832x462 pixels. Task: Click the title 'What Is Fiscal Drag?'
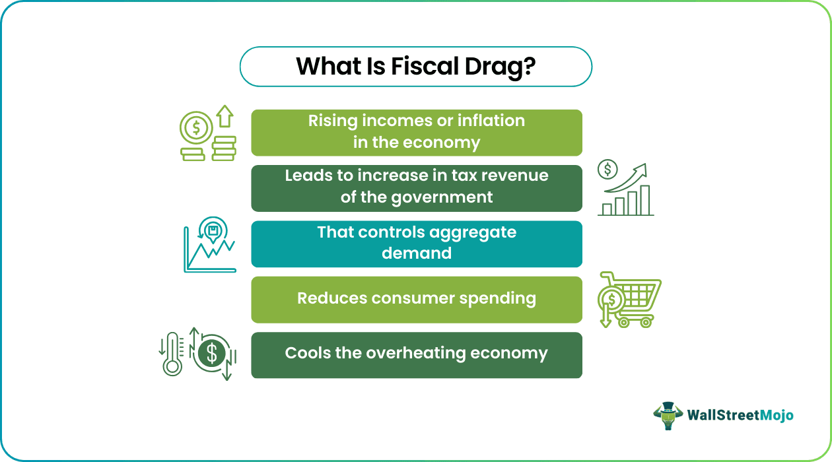416,67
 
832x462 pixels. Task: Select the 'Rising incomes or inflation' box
417,132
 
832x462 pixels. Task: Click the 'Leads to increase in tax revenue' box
417,187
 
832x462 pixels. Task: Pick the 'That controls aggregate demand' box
417,244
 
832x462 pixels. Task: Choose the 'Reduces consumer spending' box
417,299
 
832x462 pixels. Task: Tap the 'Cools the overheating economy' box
417,354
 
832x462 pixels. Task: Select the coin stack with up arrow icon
207,135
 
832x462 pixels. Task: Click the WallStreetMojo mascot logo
667,415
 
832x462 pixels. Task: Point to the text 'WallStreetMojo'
740,415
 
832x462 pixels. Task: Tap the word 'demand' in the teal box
417,253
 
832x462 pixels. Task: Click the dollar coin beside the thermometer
211,355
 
